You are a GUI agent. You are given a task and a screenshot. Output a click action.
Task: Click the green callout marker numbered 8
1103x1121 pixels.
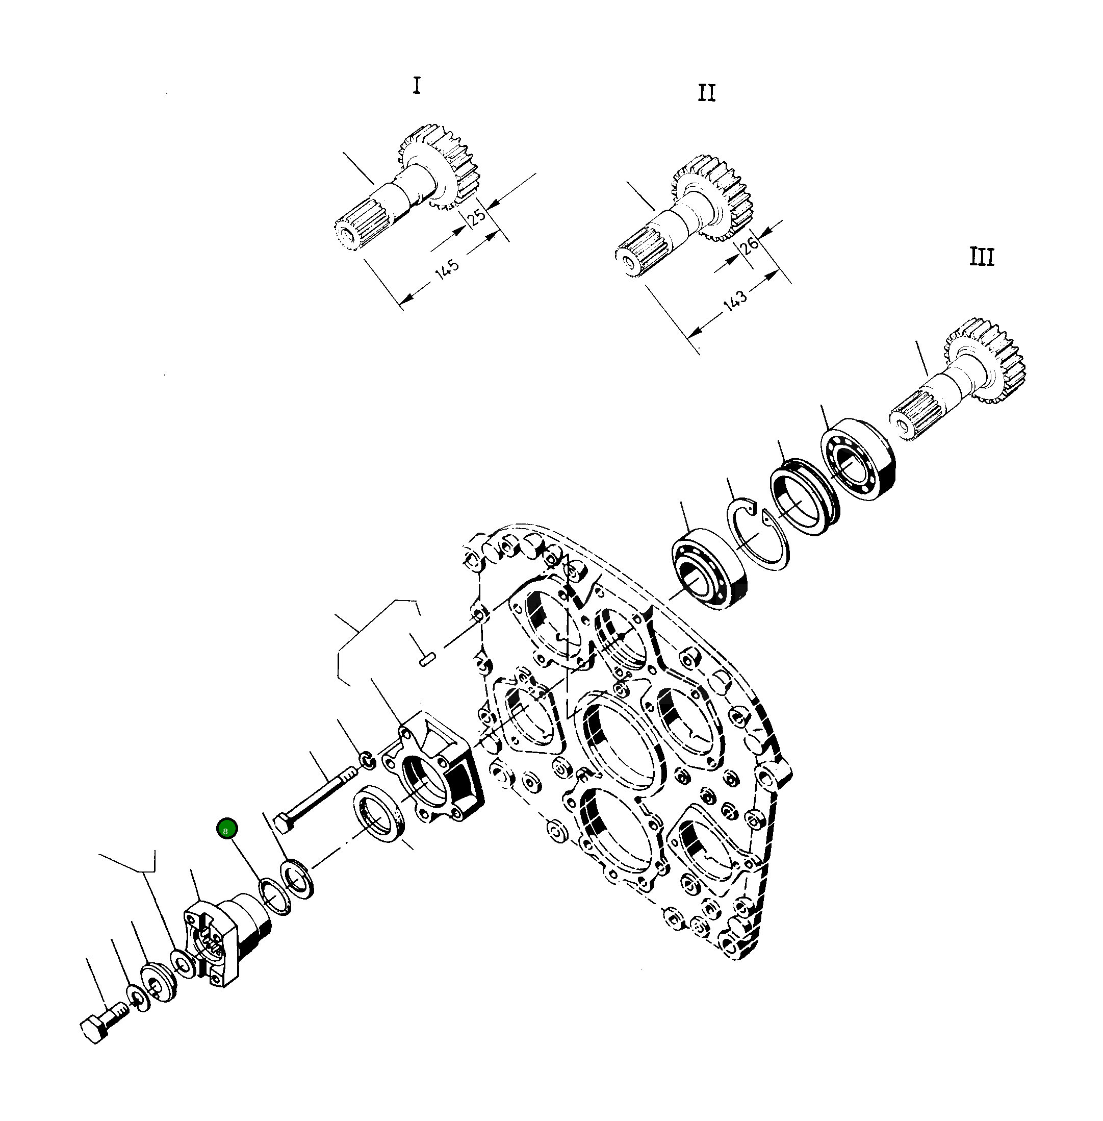pyautogui.click(x=226, y=829)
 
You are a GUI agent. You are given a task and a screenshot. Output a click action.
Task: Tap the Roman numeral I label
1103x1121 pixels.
pyautogui.click(x=417, y=86)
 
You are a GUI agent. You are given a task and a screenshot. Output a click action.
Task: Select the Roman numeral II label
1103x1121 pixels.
pyautogui.click(x=706, y=93)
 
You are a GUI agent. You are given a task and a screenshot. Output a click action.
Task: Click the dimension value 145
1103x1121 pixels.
pyautogui.click(x=447, y=269)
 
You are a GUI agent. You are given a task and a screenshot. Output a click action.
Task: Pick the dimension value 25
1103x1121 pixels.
pyautogui.click(x=477, y=216)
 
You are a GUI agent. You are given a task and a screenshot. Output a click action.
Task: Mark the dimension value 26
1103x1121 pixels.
pyautogui.click(x=750, y=244)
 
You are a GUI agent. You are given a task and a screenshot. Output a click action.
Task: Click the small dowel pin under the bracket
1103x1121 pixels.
pyautogui.click(x=427, y=659)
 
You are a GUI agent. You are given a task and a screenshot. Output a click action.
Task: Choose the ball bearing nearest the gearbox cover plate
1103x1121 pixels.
pyautogui.click(x=708, y=568)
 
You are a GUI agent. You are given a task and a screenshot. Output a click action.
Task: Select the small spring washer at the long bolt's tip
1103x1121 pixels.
pyautogui.click(x=367, y=759)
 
